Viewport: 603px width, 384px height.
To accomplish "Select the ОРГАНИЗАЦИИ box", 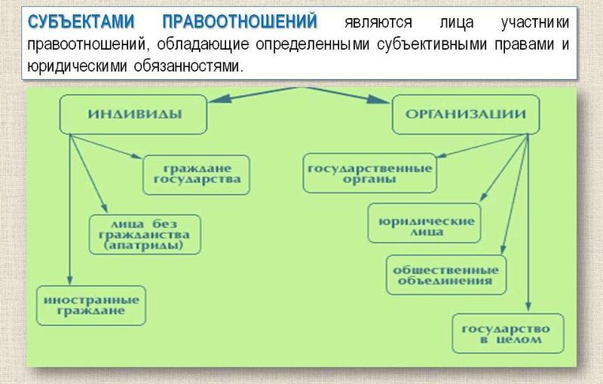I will tap(466, 114).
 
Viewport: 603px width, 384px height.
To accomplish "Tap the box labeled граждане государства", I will tap(197, 173).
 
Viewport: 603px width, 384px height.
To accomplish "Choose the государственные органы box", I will tap(370, 173).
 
